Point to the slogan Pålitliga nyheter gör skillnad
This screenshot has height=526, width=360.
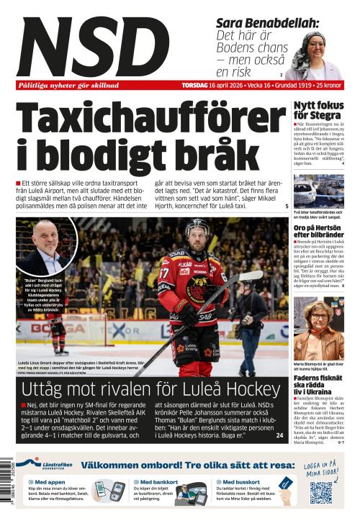68,85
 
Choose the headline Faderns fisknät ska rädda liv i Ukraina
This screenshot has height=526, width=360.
318,385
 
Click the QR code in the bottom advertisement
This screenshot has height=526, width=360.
320,492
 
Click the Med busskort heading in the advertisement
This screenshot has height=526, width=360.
240,481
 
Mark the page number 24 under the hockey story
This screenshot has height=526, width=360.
279,435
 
